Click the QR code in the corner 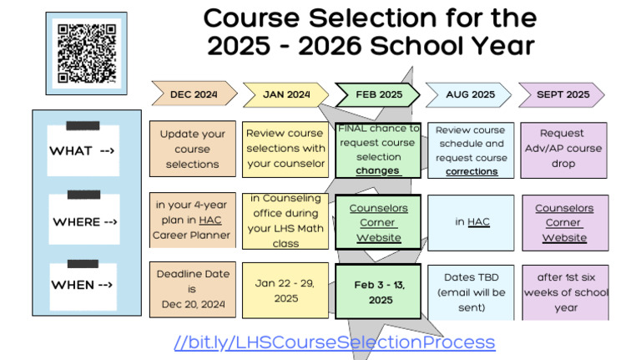87,51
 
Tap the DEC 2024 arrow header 193,94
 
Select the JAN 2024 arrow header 285,94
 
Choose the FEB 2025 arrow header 378,94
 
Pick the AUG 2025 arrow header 470,94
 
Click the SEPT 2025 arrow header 562,94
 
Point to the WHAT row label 82,151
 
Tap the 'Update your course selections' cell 193,149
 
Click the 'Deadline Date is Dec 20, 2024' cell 193,289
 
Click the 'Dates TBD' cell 472,292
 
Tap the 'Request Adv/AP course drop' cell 563,149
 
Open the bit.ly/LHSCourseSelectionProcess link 335,342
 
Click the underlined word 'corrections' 472,171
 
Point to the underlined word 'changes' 378,170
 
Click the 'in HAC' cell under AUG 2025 472,221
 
